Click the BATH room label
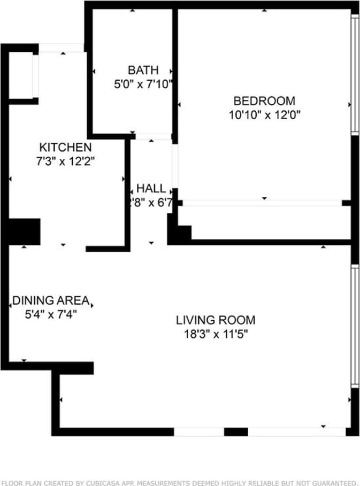pos(143,70)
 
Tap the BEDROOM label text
pos(264,101)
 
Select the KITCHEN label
pos(66,147)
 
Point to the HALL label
pos(151,188)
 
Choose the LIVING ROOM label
pos(216,320)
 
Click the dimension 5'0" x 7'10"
pos(143,84)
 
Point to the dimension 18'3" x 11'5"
pos(216,335)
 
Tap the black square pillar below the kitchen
pos(24,232)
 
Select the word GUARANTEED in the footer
pos(332,482)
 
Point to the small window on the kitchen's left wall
pos(35,75)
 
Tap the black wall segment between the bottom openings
pos(235,431)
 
